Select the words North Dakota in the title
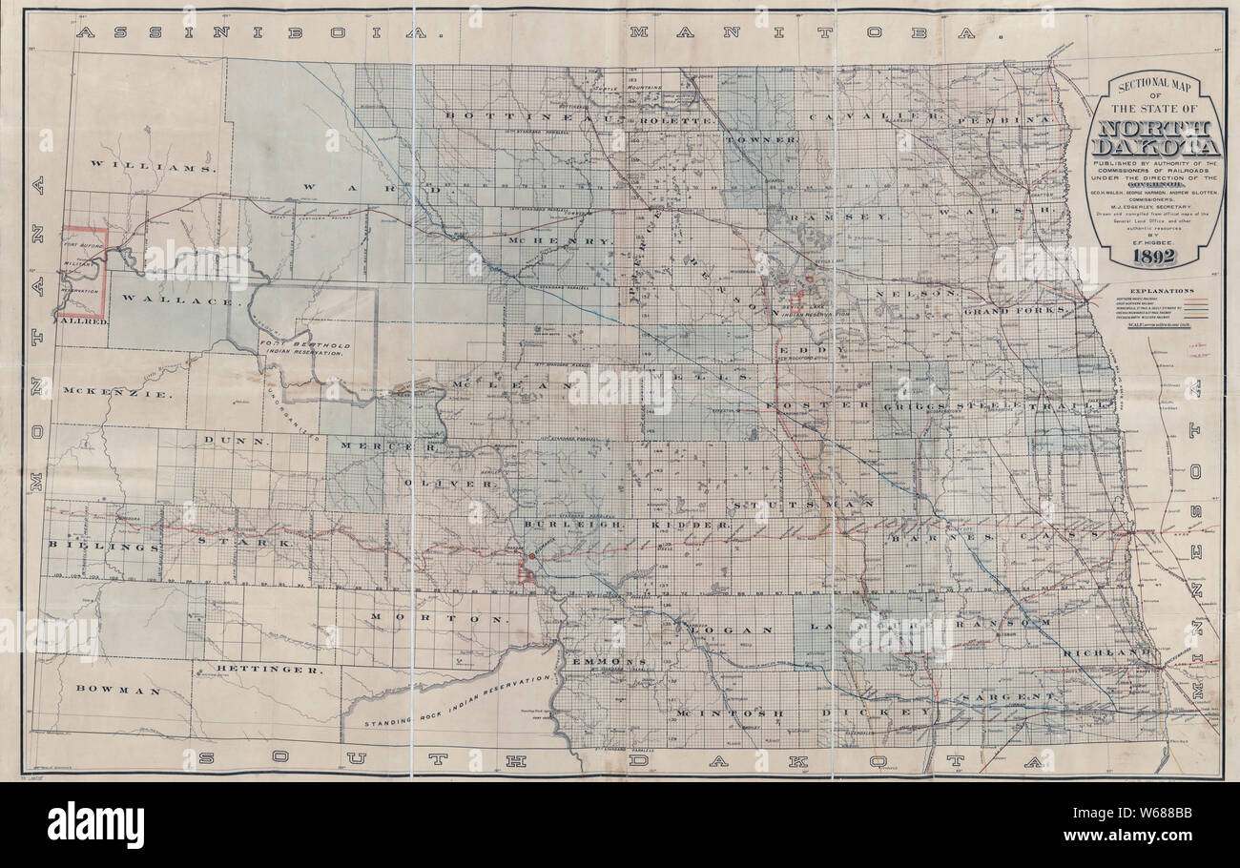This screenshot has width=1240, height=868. click(x=1155, y=139)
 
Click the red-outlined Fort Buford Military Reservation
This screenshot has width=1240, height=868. click(x=83, y=272)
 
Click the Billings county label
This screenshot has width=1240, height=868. click(x=103, y=548)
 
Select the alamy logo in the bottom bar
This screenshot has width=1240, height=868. click(x=95, y=825)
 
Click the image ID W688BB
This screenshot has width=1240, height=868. click(x=1148, y=824)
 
